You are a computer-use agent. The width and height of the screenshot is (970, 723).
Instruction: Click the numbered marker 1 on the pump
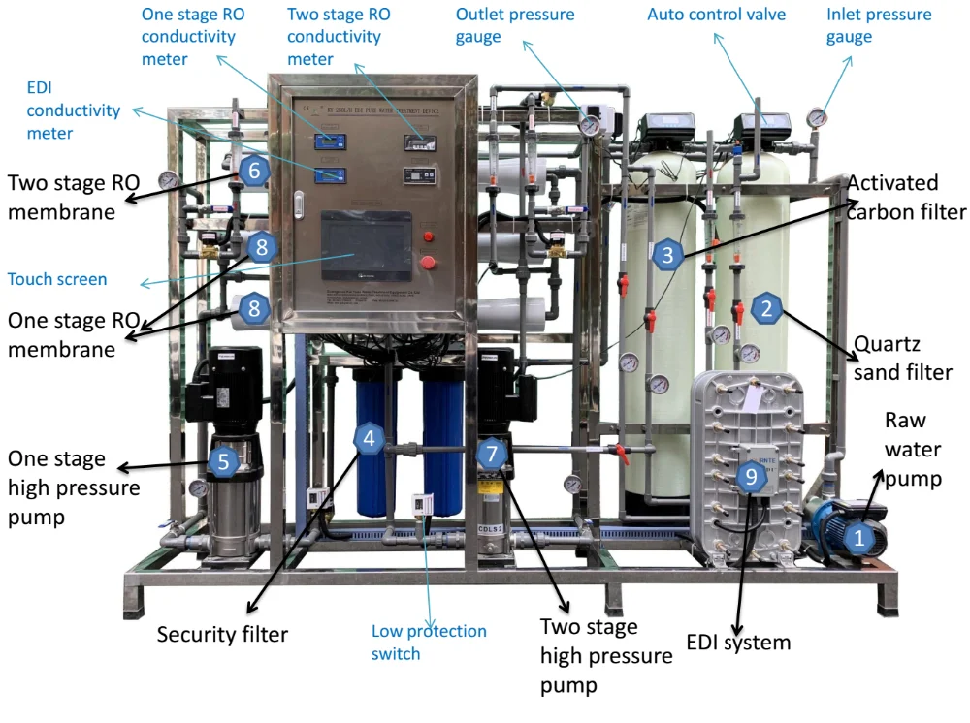click(x=858, y=537)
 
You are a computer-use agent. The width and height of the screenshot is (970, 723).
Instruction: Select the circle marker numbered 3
click(x=665, y=256)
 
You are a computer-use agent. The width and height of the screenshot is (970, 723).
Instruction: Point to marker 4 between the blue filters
click(x=369, y=438)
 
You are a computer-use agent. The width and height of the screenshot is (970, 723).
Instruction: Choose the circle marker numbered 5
click(x=224, y=461)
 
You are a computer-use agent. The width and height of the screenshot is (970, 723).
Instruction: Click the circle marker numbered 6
click(x=253, y=171)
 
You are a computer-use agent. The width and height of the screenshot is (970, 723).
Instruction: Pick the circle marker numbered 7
click(x=492, y=453)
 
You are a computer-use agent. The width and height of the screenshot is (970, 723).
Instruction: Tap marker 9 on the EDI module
click(x=750, y=475)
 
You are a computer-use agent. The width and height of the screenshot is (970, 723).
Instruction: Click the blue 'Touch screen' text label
click(x=57, y=279)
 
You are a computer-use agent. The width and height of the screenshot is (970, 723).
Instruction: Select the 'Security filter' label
click(x=222, y=635)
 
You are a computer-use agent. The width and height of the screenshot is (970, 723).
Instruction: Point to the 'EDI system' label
click(x=738, y=642)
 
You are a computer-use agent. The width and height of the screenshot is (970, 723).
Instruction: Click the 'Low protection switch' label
click(x=429, y=642)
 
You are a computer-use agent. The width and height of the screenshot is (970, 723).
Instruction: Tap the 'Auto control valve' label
click(x=717, y=15)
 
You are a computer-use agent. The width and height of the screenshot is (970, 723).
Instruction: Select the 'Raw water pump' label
click(x=912, y=449)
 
